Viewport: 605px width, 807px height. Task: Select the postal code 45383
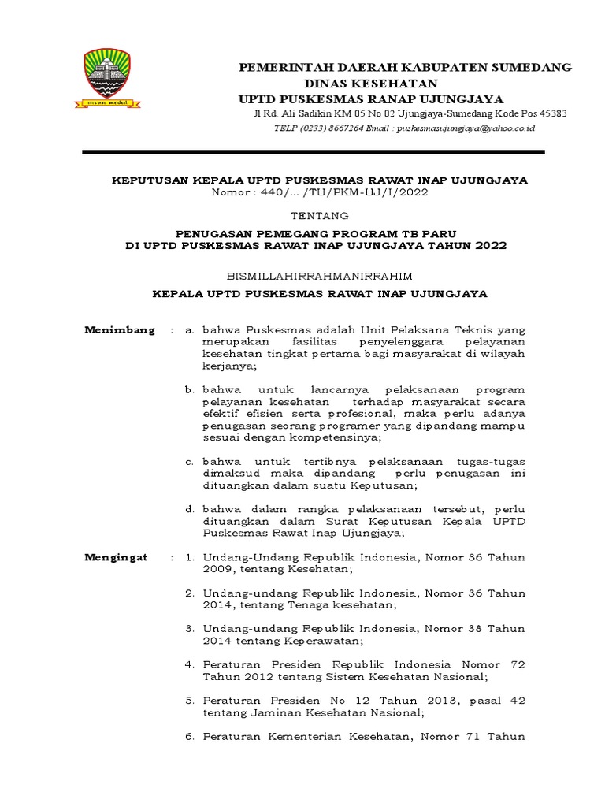[551, 113]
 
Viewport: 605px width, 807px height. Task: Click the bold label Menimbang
[120, 330]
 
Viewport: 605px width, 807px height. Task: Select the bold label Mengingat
[116, 557]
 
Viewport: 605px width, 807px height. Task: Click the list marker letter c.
[190, 461]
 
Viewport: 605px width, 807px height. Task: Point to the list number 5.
[190, 700]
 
